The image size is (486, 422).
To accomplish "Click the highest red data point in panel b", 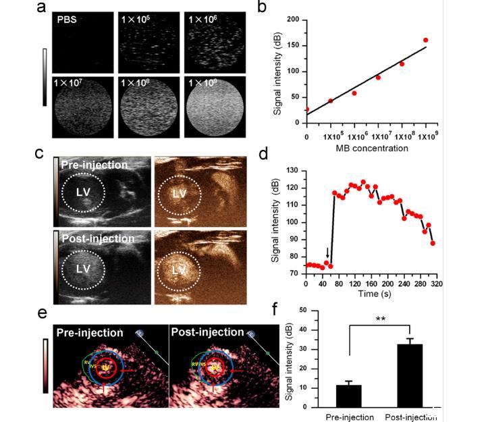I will click(x=425, y=41).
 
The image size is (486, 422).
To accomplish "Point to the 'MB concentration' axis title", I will click(x=367, y=148).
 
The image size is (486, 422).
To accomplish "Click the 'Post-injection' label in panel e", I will click(x=207, y=332).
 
